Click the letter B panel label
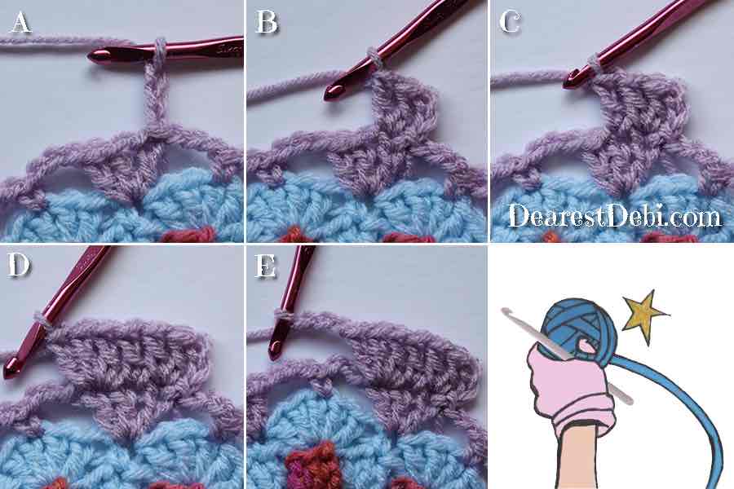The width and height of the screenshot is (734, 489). [267, 23]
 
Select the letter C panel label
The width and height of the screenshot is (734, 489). [510, 23]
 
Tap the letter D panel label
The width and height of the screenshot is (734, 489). [19, 265]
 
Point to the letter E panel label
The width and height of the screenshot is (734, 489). [265, 267]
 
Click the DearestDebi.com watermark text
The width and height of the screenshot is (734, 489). [615, 216]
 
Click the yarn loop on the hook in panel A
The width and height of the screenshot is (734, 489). [160, 51]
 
